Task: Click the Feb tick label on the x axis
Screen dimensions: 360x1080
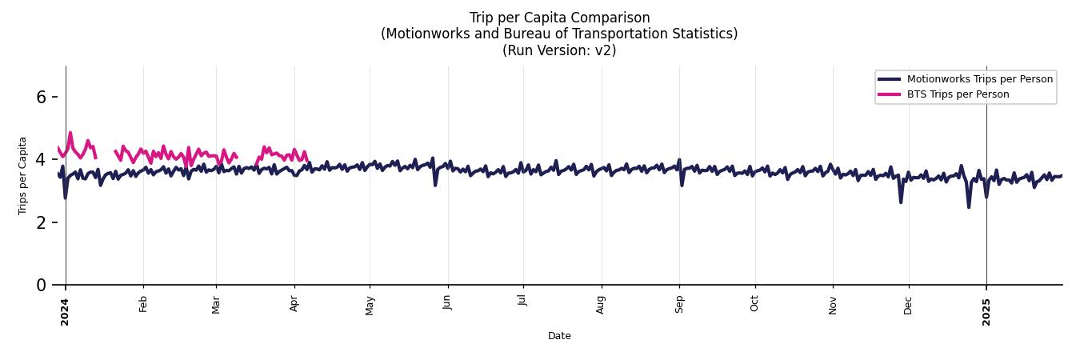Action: tap(143, 304)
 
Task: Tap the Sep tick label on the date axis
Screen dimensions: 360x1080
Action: tap(679, 304)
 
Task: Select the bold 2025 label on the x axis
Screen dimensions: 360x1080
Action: tap(986, 306)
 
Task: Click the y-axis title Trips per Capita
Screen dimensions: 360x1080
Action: tap(22, 175)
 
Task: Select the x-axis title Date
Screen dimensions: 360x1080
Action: tap(559, 336)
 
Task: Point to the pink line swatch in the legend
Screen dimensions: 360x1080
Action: tap(889, 94)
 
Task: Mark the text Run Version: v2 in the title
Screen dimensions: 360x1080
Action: tap(559, 50)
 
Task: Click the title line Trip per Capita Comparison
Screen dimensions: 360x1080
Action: tap(559, 18)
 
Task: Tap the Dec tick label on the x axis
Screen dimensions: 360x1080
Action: tap(908, 304)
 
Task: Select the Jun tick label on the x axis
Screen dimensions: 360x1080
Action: tap(448, 304)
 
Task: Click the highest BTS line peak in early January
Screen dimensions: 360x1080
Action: tap(70, 133)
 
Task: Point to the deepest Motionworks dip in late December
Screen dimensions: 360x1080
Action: tap(969, 207)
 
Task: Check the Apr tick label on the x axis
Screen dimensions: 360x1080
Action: tap(294, 304)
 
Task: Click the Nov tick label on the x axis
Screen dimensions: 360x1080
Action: tap(833, 304)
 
